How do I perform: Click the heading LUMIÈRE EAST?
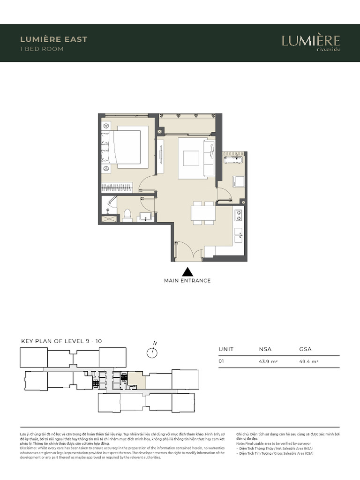pos(54,39)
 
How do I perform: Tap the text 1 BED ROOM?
pos(42,49)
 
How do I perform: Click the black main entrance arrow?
pos(187,271)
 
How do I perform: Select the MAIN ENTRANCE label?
pos(187,281)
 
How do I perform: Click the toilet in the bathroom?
pos(127,215)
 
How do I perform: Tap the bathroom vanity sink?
pos(146,216)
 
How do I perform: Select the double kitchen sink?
pos(238,235)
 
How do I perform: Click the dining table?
pos(203,213)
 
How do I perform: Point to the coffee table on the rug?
pos(191,158)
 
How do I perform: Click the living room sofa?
pos(209,158)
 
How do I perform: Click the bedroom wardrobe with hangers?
pos(117,187)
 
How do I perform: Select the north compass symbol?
pos(152,352)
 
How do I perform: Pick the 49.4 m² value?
pos(309,362)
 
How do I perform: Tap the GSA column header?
pos(305,349)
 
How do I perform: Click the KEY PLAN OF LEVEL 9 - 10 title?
pos(61,341)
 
